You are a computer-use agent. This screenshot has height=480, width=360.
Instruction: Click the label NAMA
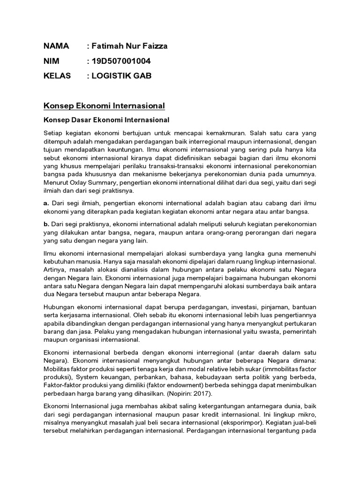point(56,46)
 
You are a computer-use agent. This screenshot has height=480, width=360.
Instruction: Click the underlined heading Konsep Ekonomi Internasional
point(104,106)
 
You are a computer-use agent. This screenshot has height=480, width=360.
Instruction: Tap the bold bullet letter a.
point(46,203)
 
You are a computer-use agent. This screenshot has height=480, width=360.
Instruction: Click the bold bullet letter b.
point(46,224)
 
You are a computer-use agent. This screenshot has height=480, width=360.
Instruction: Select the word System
point(89,377)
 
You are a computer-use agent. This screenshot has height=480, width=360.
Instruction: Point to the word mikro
point(306,413)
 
